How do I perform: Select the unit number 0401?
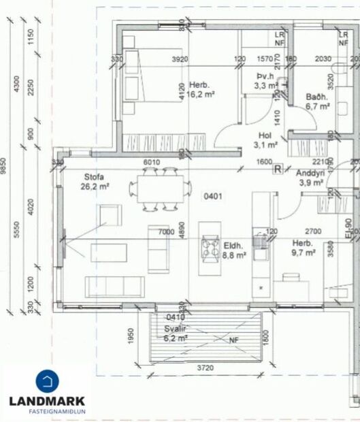[214, 197]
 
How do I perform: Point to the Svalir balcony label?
[175, 328]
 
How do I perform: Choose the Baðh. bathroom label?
[317, 97]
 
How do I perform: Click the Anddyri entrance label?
[313, 174]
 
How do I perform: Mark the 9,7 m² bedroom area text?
[304, 252]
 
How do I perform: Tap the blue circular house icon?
[47, 380]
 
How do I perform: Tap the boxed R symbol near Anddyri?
[277, 169]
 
